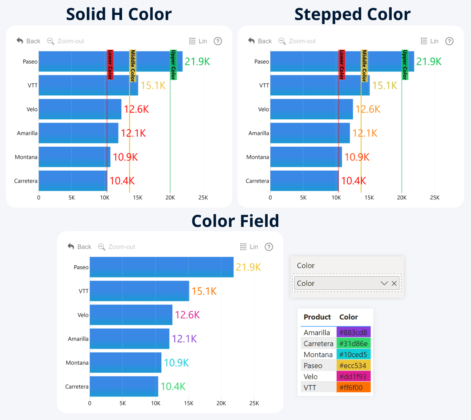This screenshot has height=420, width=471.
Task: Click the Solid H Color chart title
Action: pyautogui.click(x=119, y=15)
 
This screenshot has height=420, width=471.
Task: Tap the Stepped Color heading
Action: pyautogui.click(x=352, y=15)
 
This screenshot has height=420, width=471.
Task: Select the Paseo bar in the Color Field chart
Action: pyautogui.click(x=161, y=267)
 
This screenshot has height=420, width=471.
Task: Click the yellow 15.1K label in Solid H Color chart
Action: pyautogui.click(x=153, y=86)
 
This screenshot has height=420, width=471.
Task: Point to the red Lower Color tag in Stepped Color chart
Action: pyautogui.click(x=342, y=65)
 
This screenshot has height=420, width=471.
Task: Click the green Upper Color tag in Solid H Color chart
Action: pyautogui.click(x=173, y=65)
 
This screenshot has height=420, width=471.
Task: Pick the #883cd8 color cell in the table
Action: pyautogui.click(x=353, y=332)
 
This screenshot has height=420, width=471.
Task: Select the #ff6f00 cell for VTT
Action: pyautogui.click(x=353, y=387)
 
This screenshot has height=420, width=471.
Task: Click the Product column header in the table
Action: pyautogui.click(x=317, y=317)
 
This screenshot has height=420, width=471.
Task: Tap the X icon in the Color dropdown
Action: pyautogui.click(x=394, y=283)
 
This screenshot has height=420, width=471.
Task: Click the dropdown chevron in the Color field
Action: pyautogui.click(x=384, y=283)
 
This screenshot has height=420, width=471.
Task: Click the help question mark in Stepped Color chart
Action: pyautogui.click(x=449, y=41)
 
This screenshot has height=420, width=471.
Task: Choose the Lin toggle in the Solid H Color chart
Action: pyautogui.click(x=198, y=41)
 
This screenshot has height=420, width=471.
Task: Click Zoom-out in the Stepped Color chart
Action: pyautogui.click(x=297, y=41)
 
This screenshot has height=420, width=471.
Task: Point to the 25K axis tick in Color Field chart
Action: pyautogui.click(x=254, y=403)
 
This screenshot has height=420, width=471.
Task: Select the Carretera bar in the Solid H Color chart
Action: pyautogui.click(x=73, y=181)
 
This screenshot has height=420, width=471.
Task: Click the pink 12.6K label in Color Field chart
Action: pyautogui.click(x=187, y=315)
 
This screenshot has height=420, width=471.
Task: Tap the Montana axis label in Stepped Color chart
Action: pyautogui.click(x=257, y=157)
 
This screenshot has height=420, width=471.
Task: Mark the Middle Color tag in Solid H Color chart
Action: pyautogui.click(x=133, y=66)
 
